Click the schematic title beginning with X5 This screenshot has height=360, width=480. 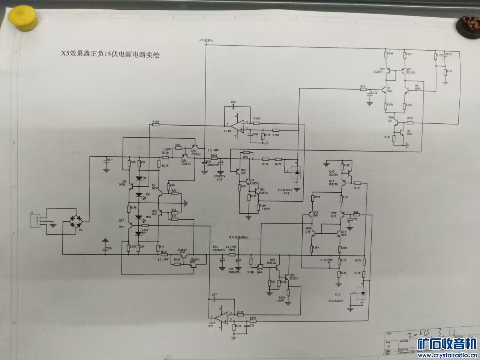point(110,54)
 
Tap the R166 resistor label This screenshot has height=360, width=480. point(156,122)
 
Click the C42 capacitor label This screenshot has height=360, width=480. point(233,102)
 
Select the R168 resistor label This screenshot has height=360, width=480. point(256,119)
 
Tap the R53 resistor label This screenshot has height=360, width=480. point(363,87)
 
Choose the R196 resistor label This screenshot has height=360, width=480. point(410,118)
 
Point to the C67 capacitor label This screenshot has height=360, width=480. point(214,295)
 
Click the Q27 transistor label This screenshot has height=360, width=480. point(194,151)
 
